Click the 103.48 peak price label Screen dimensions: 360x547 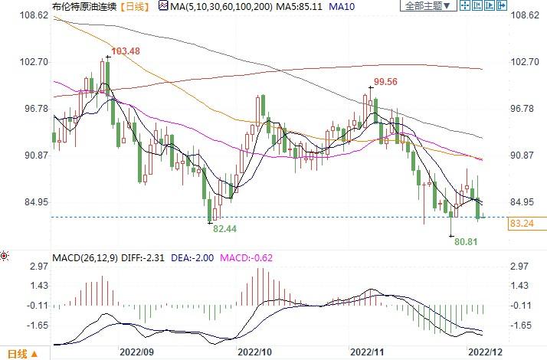(x=127, y=51)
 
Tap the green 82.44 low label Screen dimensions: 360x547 (x=225, y=229)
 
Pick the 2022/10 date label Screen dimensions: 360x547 (x=255, y=353)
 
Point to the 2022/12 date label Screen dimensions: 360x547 (x=486, y=353)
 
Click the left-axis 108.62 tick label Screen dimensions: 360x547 (x=26, y=15)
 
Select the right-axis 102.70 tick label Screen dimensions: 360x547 (x=526, y=62)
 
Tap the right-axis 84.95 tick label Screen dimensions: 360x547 (x=526, y=202)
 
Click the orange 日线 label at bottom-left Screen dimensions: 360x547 (x=19, y=354)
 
